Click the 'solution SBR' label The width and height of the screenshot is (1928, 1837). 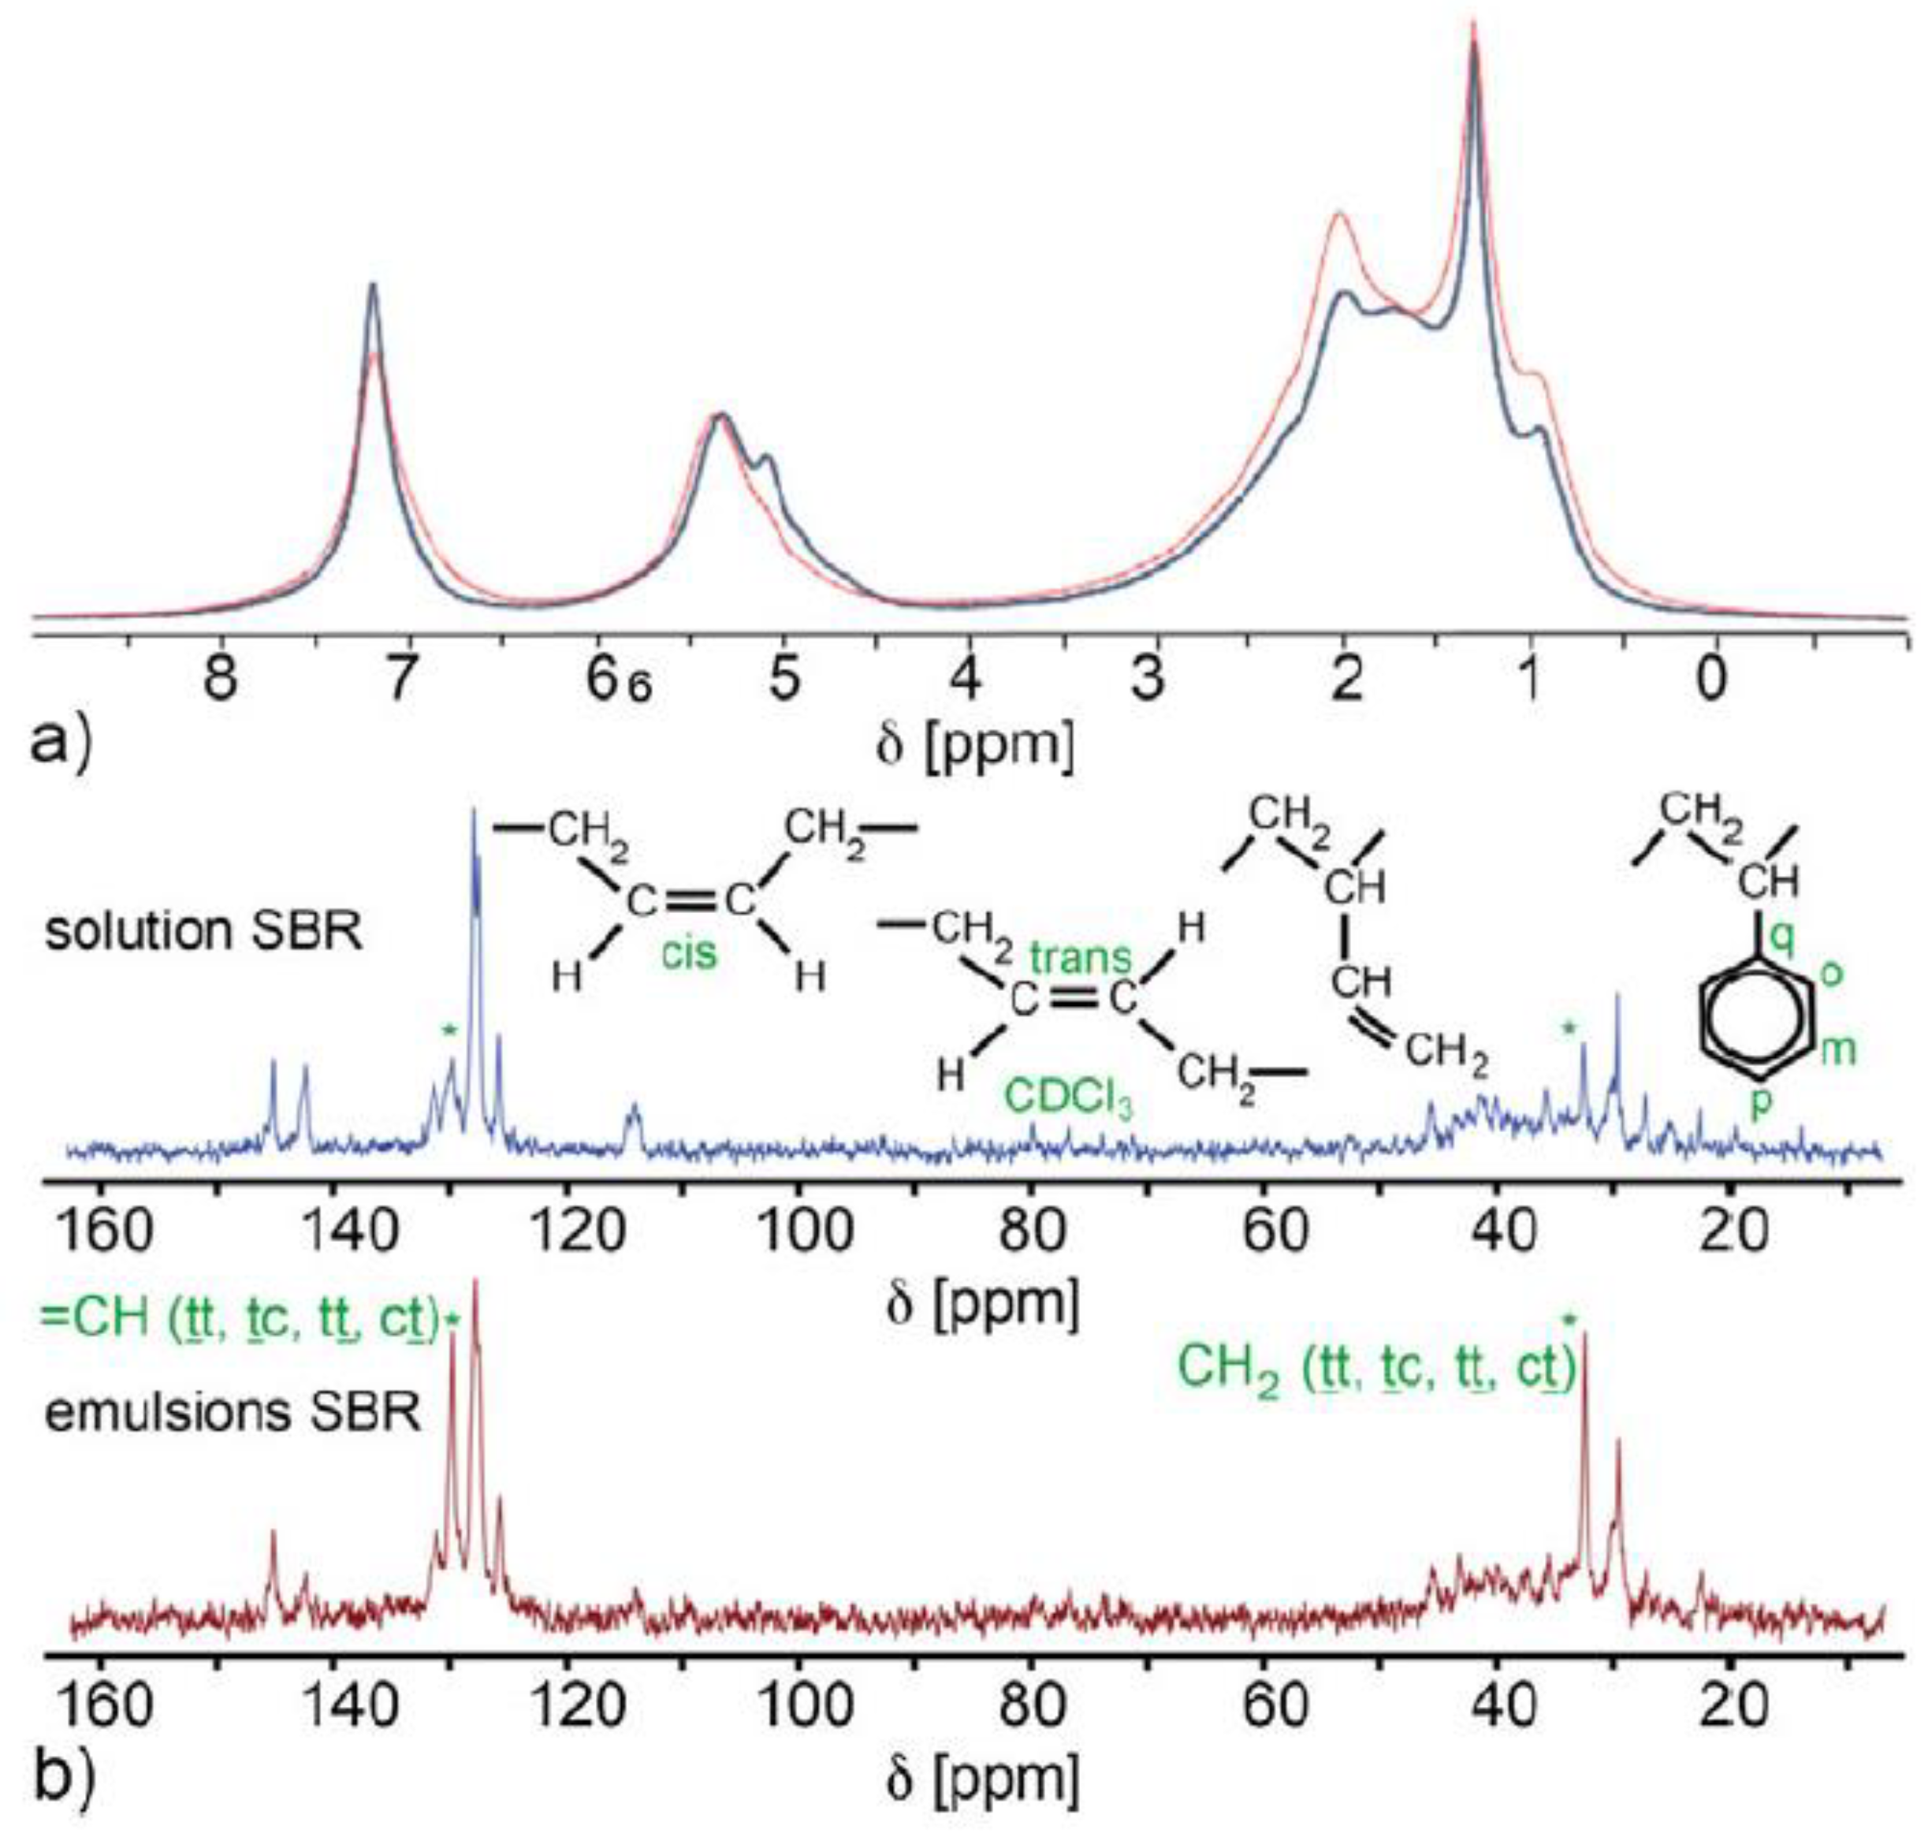coord(203,931)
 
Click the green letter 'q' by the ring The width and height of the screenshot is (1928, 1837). coord(1784,940)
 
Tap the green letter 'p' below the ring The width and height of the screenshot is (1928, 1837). coord(1759,1102)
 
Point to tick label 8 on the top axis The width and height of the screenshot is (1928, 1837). coord(221,679)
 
